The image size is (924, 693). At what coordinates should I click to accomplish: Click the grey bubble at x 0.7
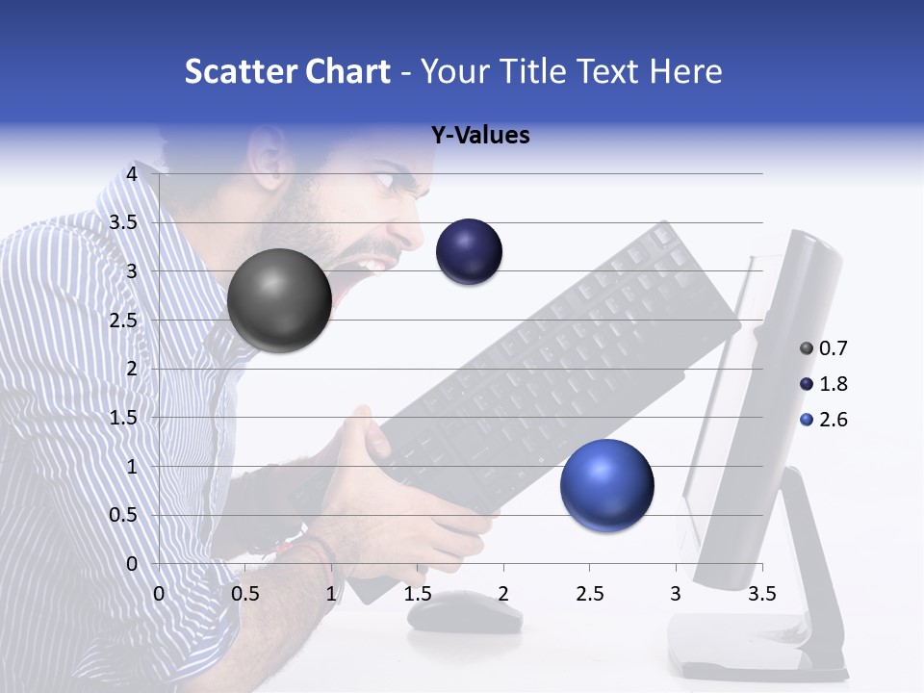click(x=279, y=300)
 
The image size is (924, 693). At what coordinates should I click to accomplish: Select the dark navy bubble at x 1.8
click(x=469, y=252)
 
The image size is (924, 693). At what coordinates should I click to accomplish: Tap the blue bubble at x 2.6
click(x=606, y=485)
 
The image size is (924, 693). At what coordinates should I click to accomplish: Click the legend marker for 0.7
click(x=807, y=348)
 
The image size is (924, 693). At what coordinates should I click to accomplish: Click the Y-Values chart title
click(x=480, y=136)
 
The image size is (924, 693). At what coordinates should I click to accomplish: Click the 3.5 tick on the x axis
click(x=761, y=594)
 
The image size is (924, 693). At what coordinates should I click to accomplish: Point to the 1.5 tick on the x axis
click(x=418, y=594)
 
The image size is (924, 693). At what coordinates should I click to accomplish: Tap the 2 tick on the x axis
click(x=503, y=594)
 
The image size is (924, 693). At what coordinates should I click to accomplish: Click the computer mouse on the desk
click(x=464, y=612)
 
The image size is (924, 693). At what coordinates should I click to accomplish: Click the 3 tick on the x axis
click(x=676, y=594)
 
